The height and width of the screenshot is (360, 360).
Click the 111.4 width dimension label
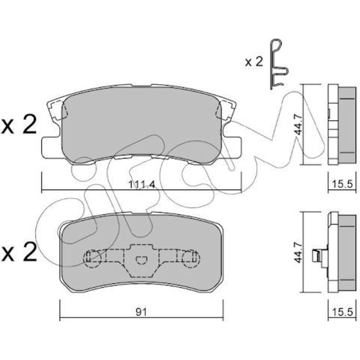[142, 184]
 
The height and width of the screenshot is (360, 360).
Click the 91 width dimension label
[141, 312]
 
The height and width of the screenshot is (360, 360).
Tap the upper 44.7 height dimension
[299, 125]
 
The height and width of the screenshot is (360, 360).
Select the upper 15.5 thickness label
[342, 184]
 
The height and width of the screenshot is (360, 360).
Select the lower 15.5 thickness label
[342, 312]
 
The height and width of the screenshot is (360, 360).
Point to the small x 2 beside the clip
[254, 62]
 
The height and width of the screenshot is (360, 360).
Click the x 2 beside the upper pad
[19, 124]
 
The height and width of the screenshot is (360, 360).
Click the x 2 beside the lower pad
[19, 252]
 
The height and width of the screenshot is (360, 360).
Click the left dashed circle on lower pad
[92, 259]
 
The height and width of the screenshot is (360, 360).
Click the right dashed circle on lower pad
[191, 259]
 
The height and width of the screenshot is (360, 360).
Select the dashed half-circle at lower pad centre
[141, 259]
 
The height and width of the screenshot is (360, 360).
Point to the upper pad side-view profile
[342, 124]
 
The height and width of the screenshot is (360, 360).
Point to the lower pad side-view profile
[342, 252]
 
